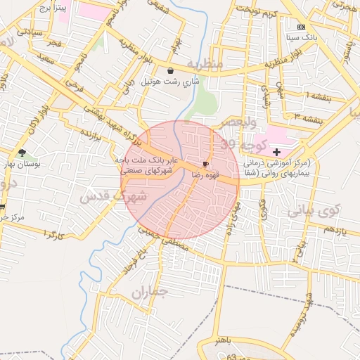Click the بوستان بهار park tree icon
pos(22,153)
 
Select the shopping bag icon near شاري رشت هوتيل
pos(172,70)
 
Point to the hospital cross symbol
pos(276,152)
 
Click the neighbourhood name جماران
pos(150,290)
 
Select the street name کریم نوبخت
pos(257,10)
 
